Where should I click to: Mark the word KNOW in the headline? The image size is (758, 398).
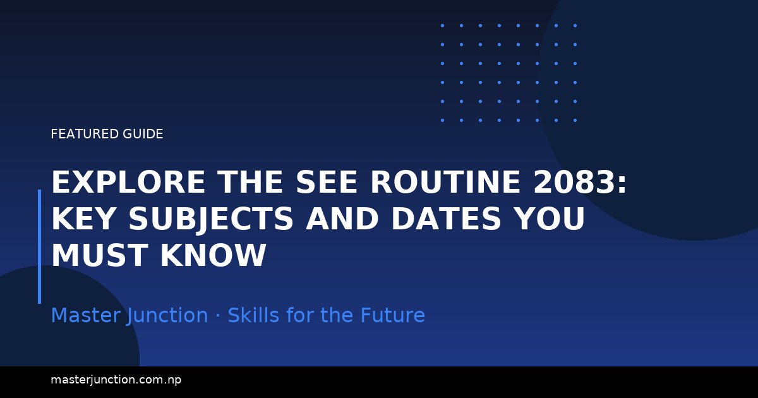pyautogui.click(x=212, y=256)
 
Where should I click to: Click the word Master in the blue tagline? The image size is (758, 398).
pyautogui.click(x=86, y=315)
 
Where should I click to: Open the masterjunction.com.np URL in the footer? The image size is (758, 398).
pyautogui.click(x=116, y=380)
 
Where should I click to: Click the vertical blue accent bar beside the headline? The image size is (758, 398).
pyautogui.click(x=39, y=246)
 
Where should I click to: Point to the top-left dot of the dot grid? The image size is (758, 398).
pyautogui.click(x=442, y=25)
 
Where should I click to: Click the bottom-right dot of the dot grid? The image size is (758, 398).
pyautogui.click(x=575, y=120)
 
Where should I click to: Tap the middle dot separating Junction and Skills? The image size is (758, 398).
pyautogui.click(x=218, y=316)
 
